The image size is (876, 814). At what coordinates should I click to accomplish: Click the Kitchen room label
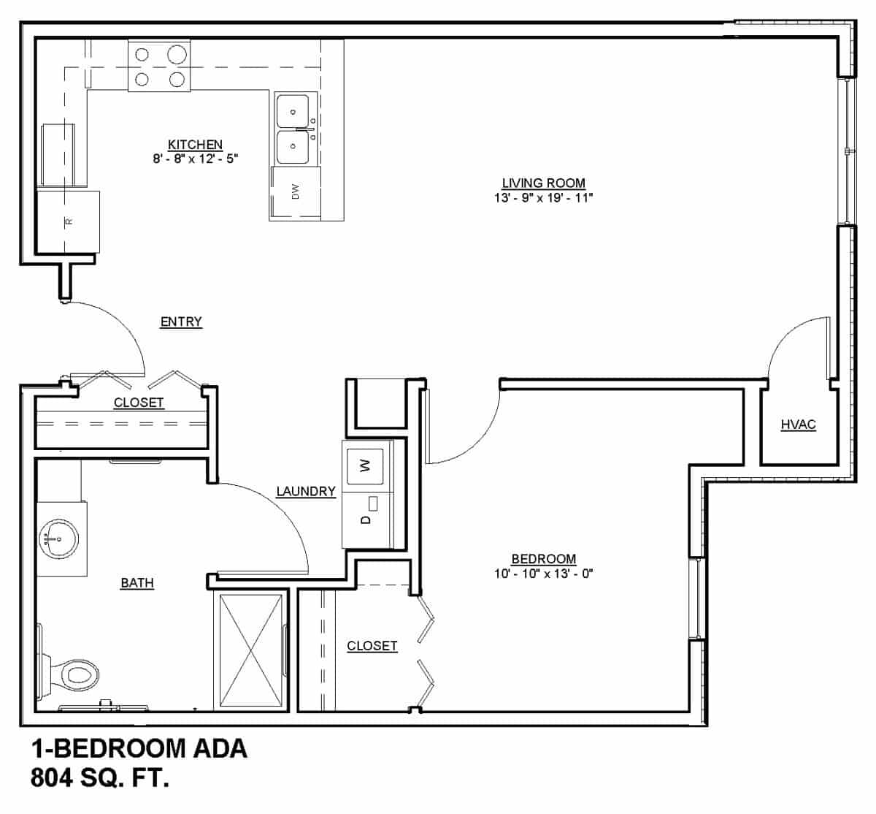pos(195,145)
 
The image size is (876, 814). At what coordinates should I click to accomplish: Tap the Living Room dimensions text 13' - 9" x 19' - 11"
pos(543,197)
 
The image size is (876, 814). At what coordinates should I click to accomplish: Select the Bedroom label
pos(543,559)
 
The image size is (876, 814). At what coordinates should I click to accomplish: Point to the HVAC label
pos(798,425)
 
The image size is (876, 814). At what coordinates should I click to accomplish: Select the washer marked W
pos(367,465)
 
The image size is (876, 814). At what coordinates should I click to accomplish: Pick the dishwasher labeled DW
pos(295,192)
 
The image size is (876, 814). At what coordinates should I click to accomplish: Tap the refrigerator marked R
pos(68,221)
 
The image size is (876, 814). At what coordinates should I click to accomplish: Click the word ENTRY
pos(181,322)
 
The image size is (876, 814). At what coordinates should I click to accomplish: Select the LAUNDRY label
pos(305,491)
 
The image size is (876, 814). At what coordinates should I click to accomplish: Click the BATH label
pos(137,582)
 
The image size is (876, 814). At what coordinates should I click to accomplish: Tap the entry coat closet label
pos(139,403)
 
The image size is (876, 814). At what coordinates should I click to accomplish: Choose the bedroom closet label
pos(372,645)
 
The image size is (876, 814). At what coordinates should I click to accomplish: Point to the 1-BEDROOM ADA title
pos(139,748)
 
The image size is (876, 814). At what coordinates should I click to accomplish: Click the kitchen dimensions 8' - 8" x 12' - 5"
pos(196,158)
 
